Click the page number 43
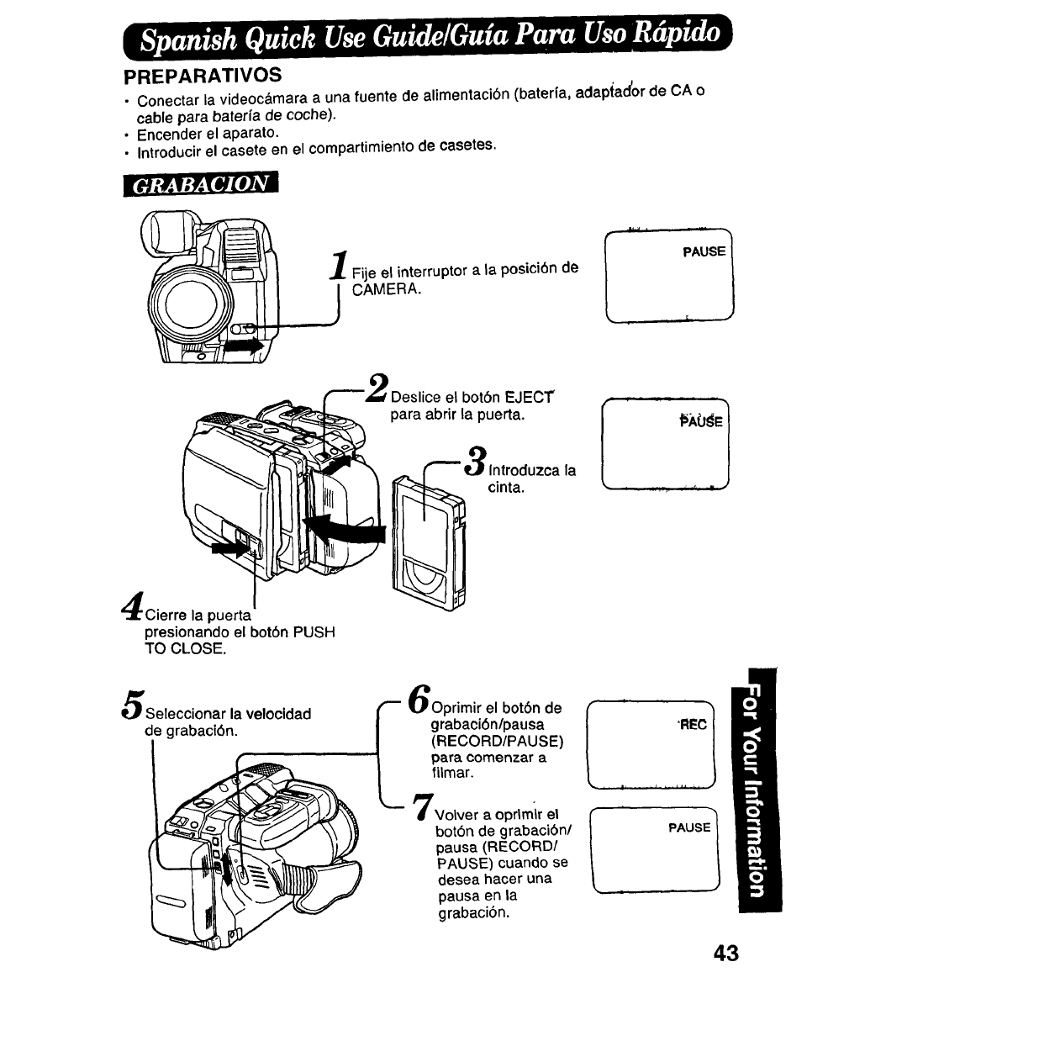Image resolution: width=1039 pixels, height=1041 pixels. click(x=725, y=953)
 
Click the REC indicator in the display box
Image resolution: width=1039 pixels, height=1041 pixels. click(x=694, y=725)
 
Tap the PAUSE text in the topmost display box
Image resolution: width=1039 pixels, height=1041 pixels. click(x=704, y=251)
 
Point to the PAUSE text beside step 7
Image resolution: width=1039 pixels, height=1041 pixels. click(x=689, y=827)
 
